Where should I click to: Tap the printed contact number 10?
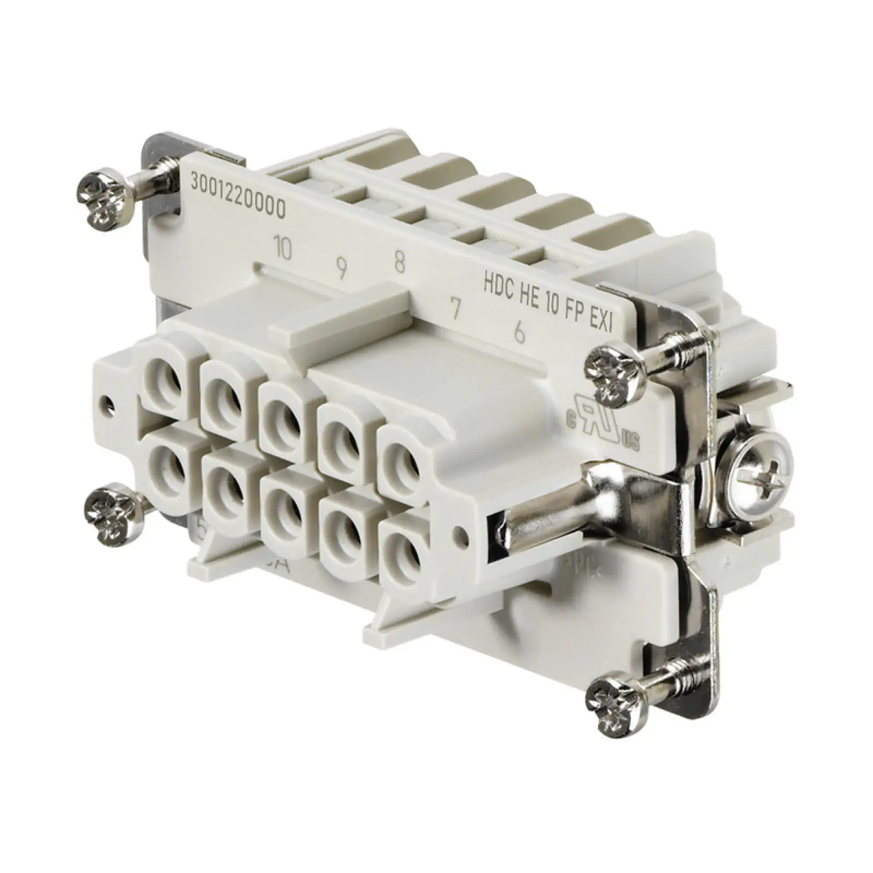coord(283,247)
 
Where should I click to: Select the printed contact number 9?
coord(342,270)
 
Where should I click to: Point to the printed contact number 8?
coord(399,262)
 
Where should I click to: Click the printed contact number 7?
coord(455,309)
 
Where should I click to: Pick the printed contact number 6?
coord(519,333)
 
